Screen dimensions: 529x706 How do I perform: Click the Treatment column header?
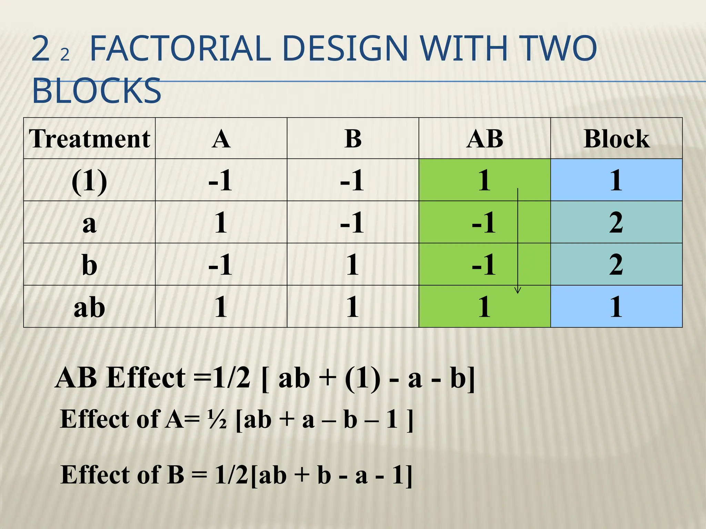pyautogui.click(x=89, y=138)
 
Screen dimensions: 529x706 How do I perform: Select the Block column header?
pyautogui.click(x=616, y=138)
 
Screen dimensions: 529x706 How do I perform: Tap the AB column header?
pyautogui.click(x=484, y=138)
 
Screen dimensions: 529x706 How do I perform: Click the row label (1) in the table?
pyautogui.click(x=89, y=180)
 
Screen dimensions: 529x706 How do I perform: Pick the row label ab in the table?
pyautogui.click(x=89, y=307)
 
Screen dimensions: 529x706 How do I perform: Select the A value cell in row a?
pyautogui.click(x=221, y=222)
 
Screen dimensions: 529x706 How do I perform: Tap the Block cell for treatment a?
pyautogui.click(x=616, y=222)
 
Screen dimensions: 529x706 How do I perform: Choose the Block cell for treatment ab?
pyautogui.click(x=616, y=307)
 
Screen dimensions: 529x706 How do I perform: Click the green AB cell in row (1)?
pyautogui.click(x=484, y=180)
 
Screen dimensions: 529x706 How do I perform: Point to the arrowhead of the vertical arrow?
pyautogui.click(x=517, y=291)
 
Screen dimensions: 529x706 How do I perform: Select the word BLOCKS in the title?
pyautogui.click(x=97, y=91)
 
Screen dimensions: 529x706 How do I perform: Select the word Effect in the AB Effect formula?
pyautogui.click(x=146, y=378)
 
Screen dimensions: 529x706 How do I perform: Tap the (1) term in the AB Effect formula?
pyautogui.click(x=363, y=378)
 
